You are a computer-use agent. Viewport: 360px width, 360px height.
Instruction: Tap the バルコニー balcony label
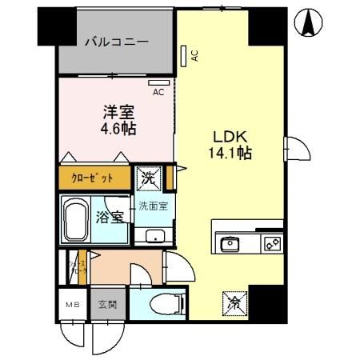pos(117,42)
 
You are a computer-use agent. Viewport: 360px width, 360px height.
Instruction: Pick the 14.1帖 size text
pos(230,152)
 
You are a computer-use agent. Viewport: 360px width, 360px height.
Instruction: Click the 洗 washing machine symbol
pos(150,178)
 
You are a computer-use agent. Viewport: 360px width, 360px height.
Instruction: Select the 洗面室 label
pos(153,206)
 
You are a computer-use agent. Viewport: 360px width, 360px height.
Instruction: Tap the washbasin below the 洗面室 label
pos(154,235)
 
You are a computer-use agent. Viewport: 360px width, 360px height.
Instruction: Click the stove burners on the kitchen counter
pos(270,242)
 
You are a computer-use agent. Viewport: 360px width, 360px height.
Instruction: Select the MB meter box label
pos(73,304)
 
